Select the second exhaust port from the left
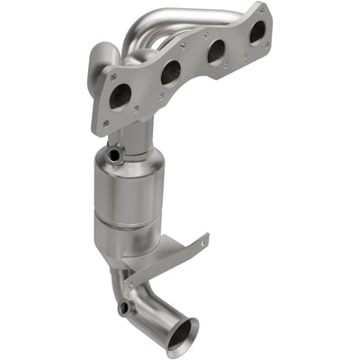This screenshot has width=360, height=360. pyautogui.click(x=170, y=72)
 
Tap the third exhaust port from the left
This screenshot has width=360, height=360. pyautogui.click(x=216, y=51)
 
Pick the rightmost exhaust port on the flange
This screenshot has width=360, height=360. pyautogui.click(x=256, y=32)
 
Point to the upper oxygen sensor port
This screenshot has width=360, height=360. pyautogui.click(x=112, y=156)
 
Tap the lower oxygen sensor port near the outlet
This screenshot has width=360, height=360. pyautogui.click(x=123, y=310)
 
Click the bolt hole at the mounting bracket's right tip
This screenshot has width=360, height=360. pyautogui.click(x=204, y=239)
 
